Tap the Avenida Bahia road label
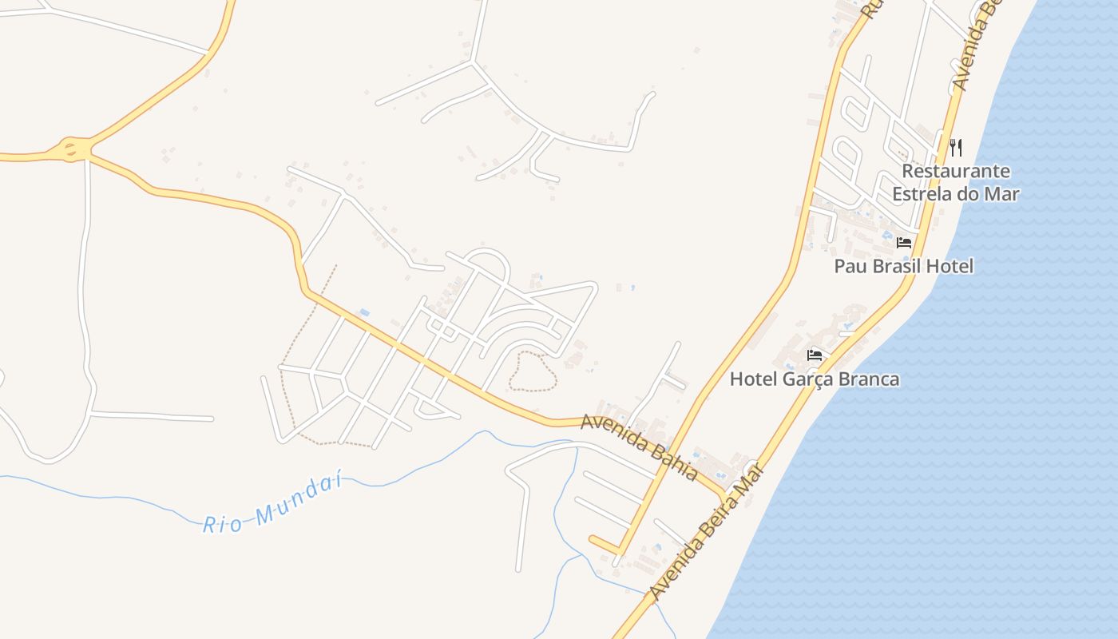[639, 447]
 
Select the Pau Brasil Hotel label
[904, 266]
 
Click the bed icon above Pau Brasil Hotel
[904, 242]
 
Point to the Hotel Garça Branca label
[815, 379]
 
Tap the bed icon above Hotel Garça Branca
[815, 355]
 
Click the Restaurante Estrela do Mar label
[956, 182]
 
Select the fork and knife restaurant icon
[956, 147]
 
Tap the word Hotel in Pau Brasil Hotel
[951, 266]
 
